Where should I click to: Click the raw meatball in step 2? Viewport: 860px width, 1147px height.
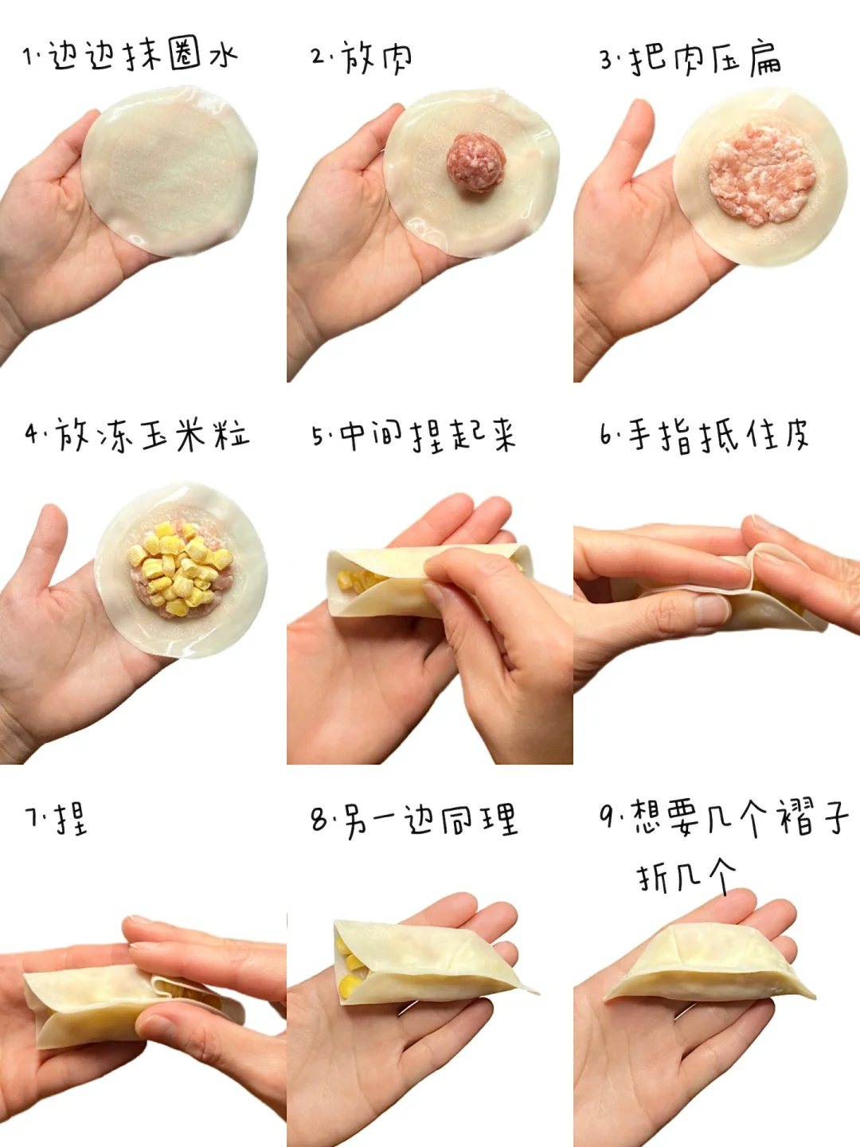[475, 162]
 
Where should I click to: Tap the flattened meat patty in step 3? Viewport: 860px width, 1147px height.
[762, 174]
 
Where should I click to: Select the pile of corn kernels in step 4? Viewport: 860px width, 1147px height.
[178, 567]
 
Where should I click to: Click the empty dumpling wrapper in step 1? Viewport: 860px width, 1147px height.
[169, 171]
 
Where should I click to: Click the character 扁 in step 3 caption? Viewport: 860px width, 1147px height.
[765, 58]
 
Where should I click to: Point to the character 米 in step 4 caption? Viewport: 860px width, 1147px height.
[192, 435]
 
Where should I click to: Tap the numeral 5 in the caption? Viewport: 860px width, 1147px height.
[318, 436]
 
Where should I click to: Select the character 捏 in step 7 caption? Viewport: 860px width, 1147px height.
[71, 818]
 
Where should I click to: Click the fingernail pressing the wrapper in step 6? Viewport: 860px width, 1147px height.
[711, 610]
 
